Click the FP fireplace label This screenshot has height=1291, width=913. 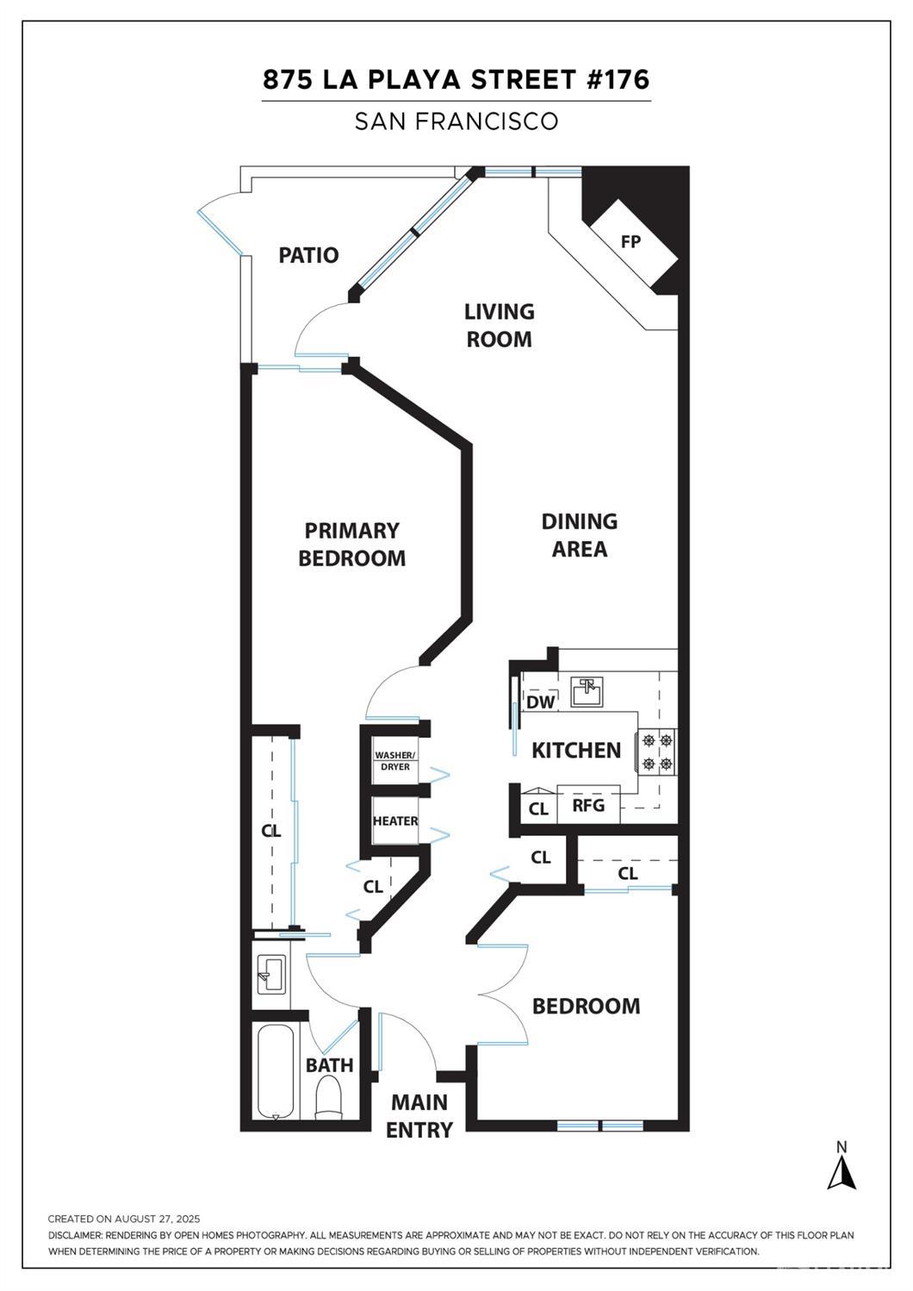(630, 242)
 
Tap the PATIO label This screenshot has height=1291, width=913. (308, 255)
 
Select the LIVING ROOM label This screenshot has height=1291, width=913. (500, 325)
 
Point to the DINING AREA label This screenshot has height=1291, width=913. (580, 535)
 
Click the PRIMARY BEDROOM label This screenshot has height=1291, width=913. (351, 544)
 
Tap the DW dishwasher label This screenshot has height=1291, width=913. (540, 702)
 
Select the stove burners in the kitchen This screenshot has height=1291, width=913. (656, 752)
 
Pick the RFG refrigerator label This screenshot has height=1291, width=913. (588, 806)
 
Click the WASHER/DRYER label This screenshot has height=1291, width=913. (395, 761)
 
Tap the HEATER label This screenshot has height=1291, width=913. (395, 820)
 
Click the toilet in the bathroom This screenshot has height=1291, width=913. (328, 1100)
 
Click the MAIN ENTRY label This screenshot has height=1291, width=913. (419, 1116)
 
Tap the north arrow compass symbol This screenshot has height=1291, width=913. (842, 1168)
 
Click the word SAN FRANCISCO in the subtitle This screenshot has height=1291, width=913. (456, 122)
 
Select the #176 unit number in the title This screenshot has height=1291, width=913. (617, 80)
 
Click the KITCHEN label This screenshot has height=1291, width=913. (576, 751)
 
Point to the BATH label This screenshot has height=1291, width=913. (329, 1065)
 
